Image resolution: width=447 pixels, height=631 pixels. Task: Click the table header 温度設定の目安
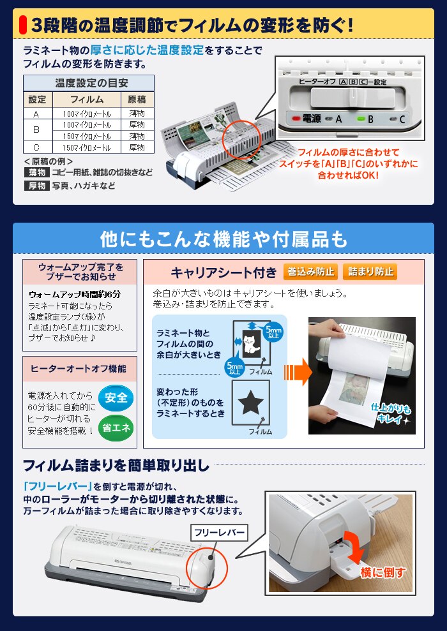88,83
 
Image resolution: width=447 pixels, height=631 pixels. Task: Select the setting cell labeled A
36,114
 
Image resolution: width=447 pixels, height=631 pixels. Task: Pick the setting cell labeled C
36,147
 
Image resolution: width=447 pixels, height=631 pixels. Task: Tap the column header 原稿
137,100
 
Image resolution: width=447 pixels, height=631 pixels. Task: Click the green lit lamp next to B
361,119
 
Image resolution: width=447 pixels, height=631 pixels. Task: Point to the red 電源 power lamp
294,119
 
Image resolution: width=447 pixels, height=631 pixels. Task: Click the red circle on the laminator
241,135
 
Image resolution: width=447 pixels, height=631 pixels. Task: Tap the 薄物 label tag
36,172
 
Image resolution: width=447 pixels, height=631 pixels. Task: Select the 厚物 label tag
36,186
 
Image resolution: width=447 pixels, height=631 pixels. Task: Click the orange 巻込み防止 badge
310,272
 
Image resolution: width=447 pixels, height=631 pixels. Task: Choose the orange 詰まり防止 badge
370,272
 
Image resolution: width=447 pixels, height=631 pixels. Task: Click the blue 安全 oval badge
116,397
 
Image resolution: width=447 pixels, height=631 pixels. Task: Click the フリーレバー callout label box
218,531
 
